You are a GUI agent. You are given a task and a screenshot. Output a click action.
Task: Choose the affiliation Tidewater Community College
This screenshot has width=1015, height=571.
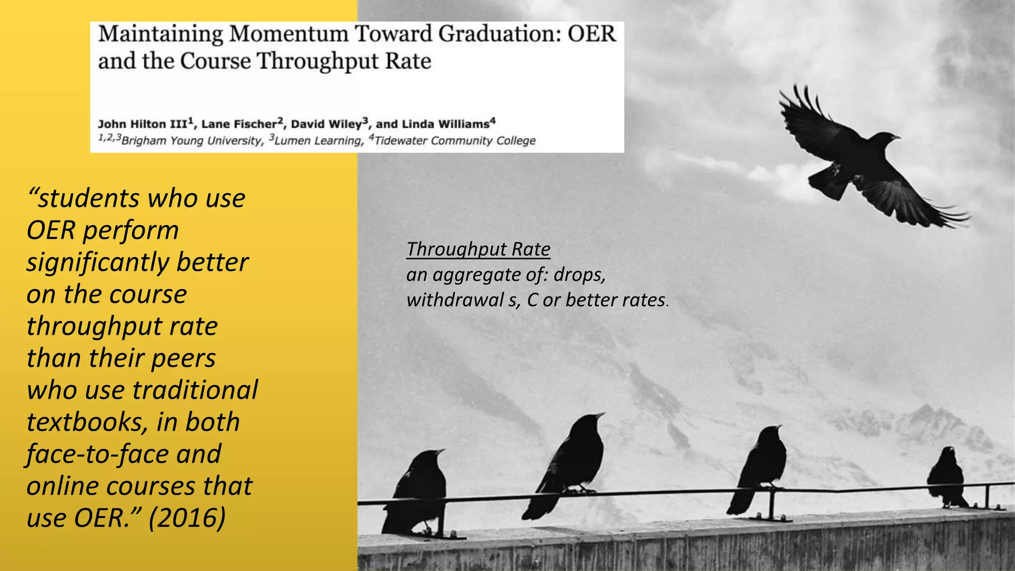[x=455, y=141]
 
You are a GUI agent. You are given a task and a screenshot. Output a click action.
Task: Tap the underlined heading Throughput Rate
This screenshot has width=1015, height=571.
[x=478, y=249]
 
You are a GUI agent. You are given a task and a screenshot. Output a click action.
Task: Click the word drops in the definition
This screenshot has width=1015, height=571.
[x=579, y=275]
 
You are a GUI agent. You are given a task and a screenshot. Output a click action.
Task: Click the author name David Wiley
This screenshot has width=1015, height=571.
[x=329, y=124]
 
